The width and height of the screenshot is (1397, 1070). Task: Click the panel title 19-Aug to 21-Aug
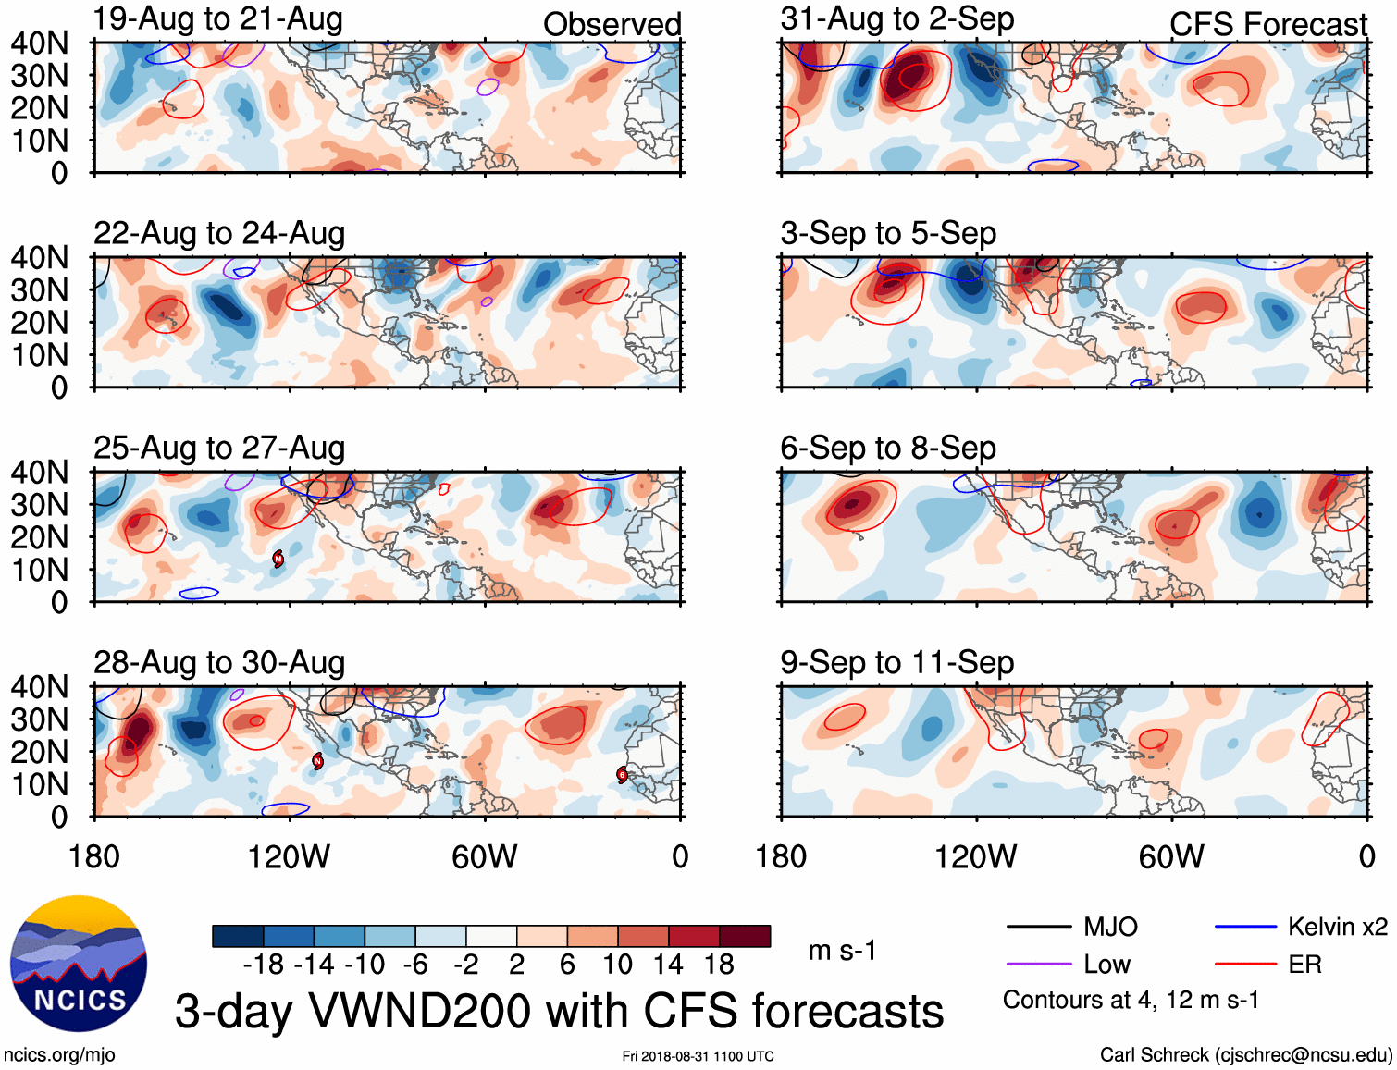coord(218,18)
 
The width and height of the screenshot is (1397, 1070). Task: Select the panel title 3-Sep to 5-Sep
coord(888,233)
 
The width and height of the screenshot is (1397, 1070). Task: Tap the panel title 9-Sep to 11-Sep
coord(896,662)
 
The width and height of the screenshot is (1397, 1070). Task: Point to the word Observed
coord(612,24)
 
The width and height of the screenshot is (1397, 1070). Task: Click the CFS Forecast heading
coord(1267,24)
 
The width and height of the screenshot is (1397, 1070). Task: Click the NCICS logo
coord(79,964)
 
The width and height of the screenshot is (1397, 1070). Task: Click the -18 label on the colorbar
coord(264,965)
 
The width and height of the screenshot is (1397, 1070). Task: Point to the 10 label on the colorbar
coord(617,965)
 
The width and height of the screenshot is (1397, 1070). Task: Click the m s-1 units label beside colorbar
coord(842,951)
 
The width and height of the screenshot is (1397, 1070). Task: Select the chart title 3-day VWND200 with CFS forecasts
coord(559,1011)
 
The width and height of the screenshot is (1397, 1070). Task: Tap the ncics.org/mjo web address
coord(59,1054)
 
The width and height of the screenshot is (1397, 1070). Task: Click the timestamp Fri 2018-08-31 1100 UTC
coord(698,1056)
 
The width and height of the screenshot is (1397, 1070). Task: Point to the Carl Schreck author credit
coord(1245,1054)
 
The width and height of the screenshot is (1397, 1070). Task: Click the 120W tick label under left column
coord(289,856)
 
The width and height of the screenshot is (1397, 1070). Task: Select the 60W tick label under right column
coord(1171,856)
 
